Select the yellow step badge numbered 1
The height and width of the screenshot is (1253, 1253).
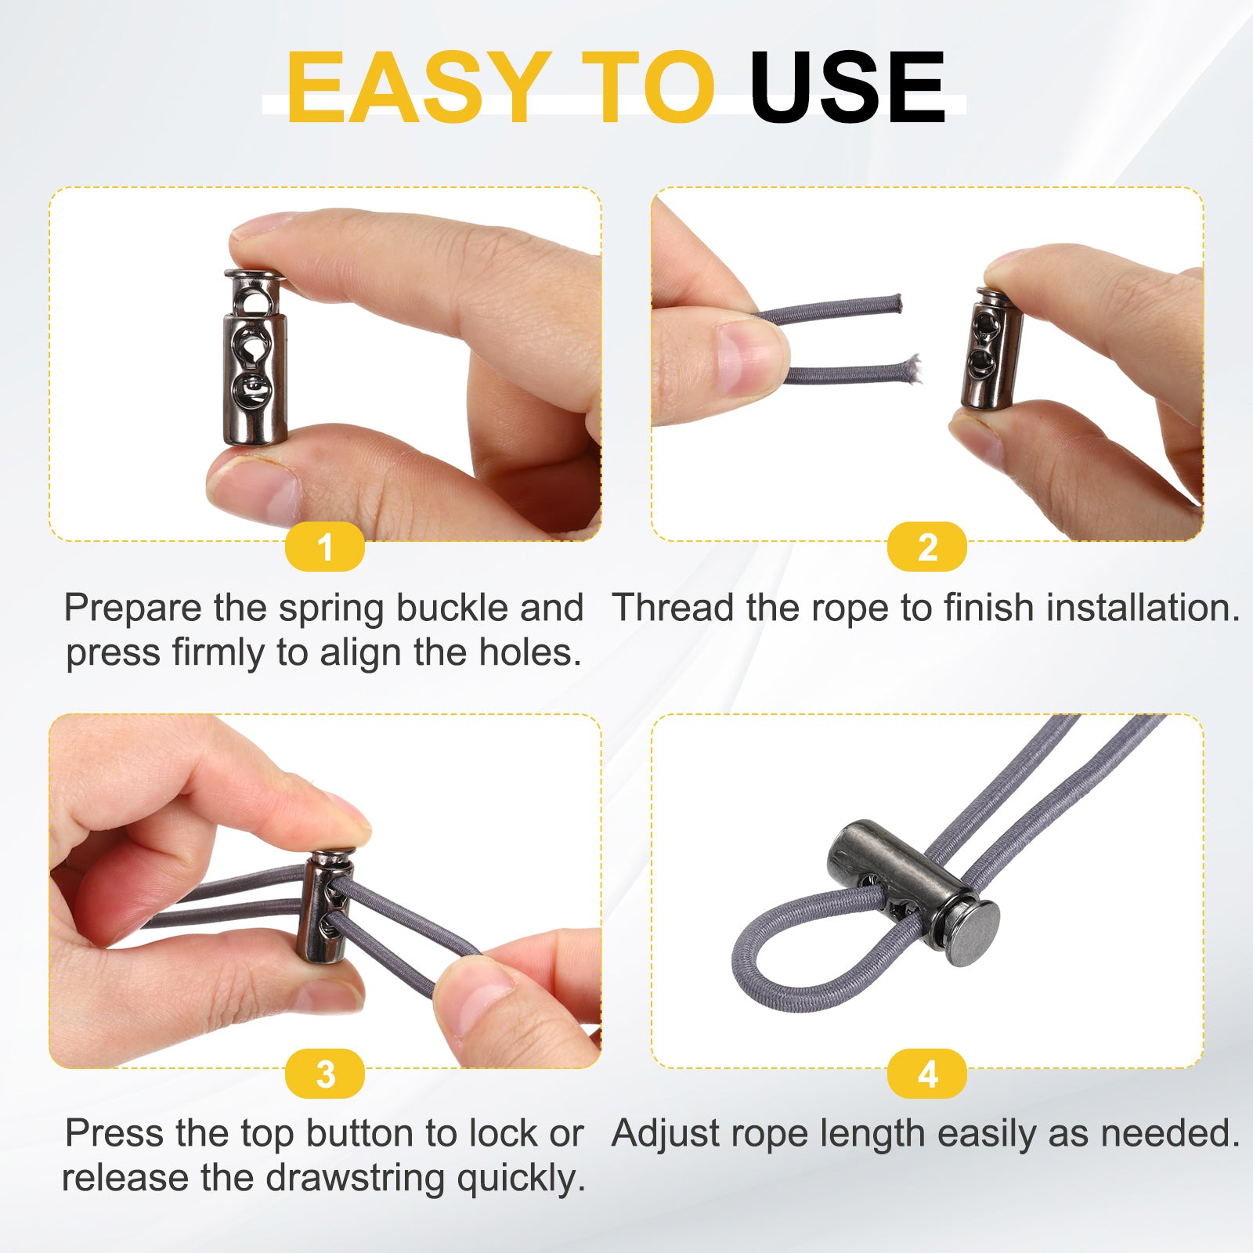(x=325, y=547)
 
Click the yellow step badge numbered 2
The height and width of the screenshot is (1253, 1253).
(x=927, y=547)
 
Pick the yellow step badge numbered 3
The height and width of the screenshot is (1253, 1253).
(x=325, y=1074)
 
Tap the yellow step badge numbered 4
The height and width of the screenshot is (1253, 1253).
(x=927, y=1074)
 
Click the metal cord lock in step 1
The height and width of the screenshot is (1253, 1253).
(x=255, y=358)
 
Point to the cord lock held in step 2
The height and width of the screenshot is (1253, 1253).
(x=991, y=348)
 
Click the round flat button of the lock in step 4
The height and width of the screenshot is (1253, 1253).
(x=973, y=933)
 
